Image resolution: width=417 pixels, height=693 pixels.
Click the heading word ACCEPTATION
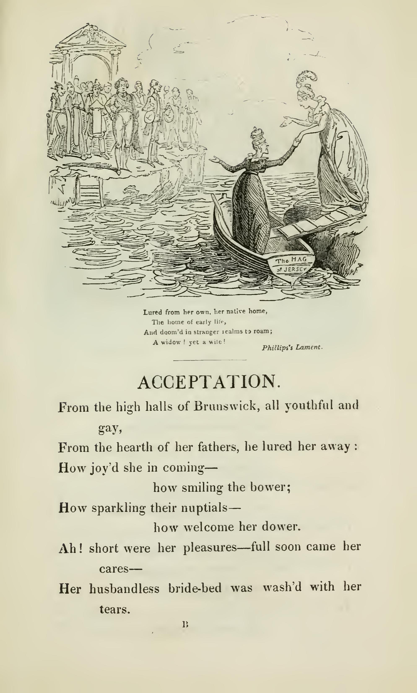tap(209, 382)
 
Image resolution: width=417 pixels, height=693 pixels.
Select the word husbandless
tap(124, 588)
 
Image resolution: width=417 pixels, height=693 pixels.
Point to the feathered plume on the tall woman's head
tap(307, 78)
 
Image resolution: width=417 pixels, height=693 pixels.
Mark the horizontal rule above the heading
tap(210, 360)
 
